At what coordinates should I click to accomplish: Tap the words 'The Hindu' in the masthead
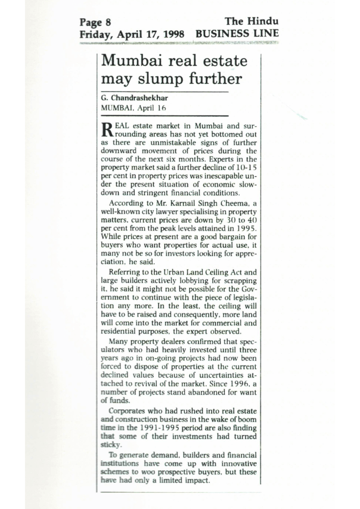(x=252, y=21)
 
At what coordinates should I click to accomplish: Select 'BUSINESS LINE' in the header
(x=237, y=33)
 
